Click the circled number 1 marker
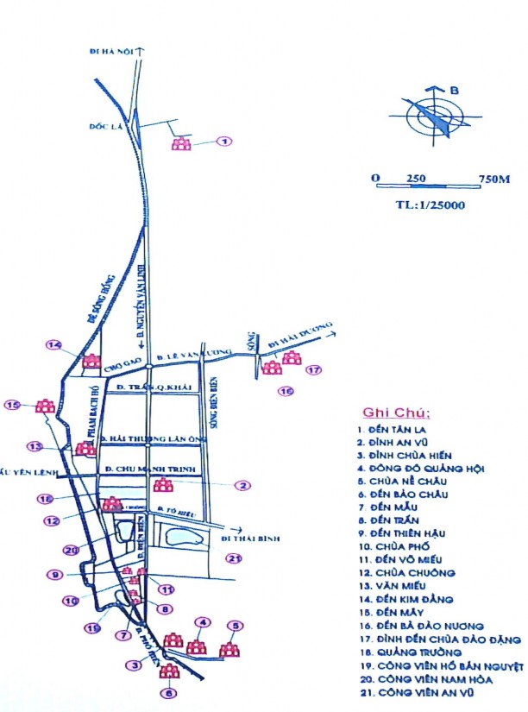(x=224, y=142)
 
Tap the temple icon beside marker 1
(x=181, y=143)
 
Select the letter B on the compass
(x=455, y=89)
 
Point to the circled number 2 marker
(x=243, y=486)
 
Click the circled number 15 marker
(x=13, y=404)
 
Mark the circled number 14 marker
(x=55, y=345)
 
